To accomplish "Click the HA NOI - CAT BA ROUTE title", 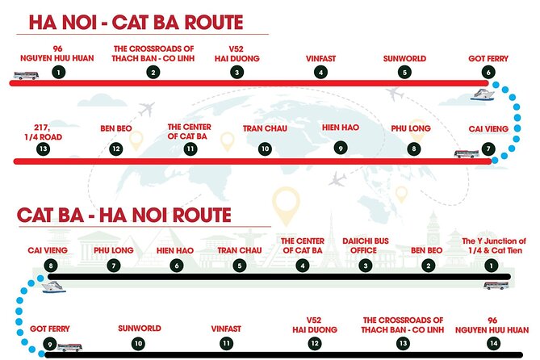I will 137,22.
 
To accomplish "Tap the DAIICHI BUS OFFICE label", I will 366,245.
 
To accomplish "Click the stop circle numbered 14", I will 492,344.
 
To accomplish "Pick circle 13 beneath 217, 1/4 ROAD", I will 44,149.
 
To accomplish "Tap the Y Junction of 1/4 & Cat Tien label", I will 493,245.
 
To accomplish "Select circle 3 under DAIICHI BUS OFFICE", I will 366,265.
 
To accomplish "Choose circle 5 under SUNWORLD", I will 404,72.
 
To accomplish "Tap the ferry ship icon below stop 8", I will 50,286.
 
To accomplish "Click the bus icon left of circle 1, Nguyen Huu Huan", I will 25,77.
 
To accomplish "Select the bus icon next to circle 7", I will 466,153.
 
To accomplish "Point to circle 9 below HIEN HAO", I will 341,149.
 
